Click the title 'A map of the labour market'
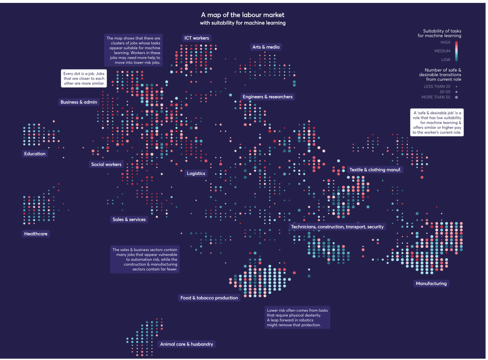coord(243,15)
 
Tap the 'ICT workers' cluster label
coord(196,38)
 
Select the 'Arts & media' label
coord(266,47)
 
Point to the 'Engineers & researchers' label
coord(267,97)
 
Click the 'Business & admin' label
coord(79,102)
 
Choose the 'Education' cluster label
coord(35,154)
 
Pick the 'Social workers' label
coord(106,165)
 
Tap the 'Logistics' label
coord(196,173)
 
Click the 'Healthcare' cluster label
coord(36,234)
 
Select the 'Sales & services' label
coord(129,219)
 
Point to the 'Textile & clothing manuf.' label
coord(375,170)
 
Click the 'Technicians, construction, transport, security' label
coord(337,227)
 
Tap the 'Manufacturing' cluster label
coord(431,284)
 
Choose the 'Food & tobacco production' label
coord(209,298)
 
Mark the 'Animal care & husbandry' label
coord(187,344)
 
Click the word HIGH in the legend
coord(445,42)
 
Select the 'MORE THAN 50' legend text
coord(436,98)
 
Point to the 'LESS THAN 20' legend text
coord(437,87)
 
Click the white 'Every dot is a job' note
coord(84,78)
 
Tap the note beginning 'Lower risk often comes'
coord(297,317)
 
